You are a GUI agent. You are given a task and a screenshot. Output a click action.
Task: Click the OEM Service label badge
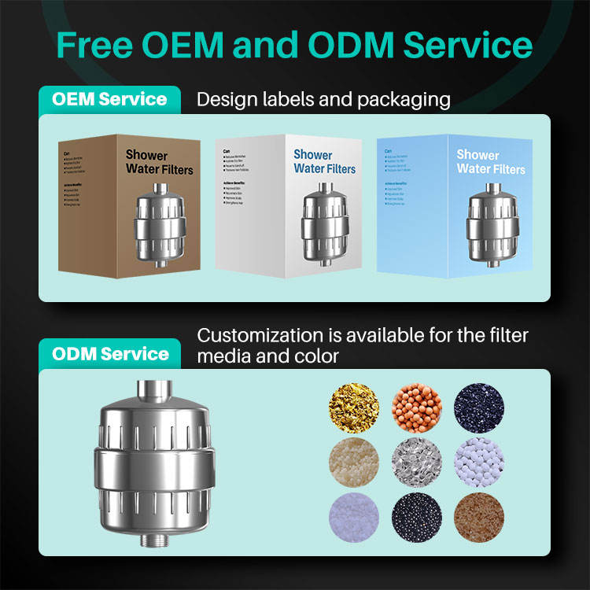tap(109, 100)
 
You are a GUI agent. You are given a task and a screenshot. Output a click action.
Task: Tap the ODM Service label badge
tap(109, 353)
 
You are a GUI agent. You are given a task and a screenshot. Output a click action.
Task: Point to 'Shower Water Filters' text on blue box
tap(490, 162)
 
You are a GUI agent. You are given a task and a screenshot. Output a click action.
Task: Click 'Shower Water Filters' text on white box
tap(324, 162)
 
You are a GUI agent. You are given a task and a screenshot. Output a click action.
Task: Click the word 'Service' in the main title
tap(469, 44)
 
